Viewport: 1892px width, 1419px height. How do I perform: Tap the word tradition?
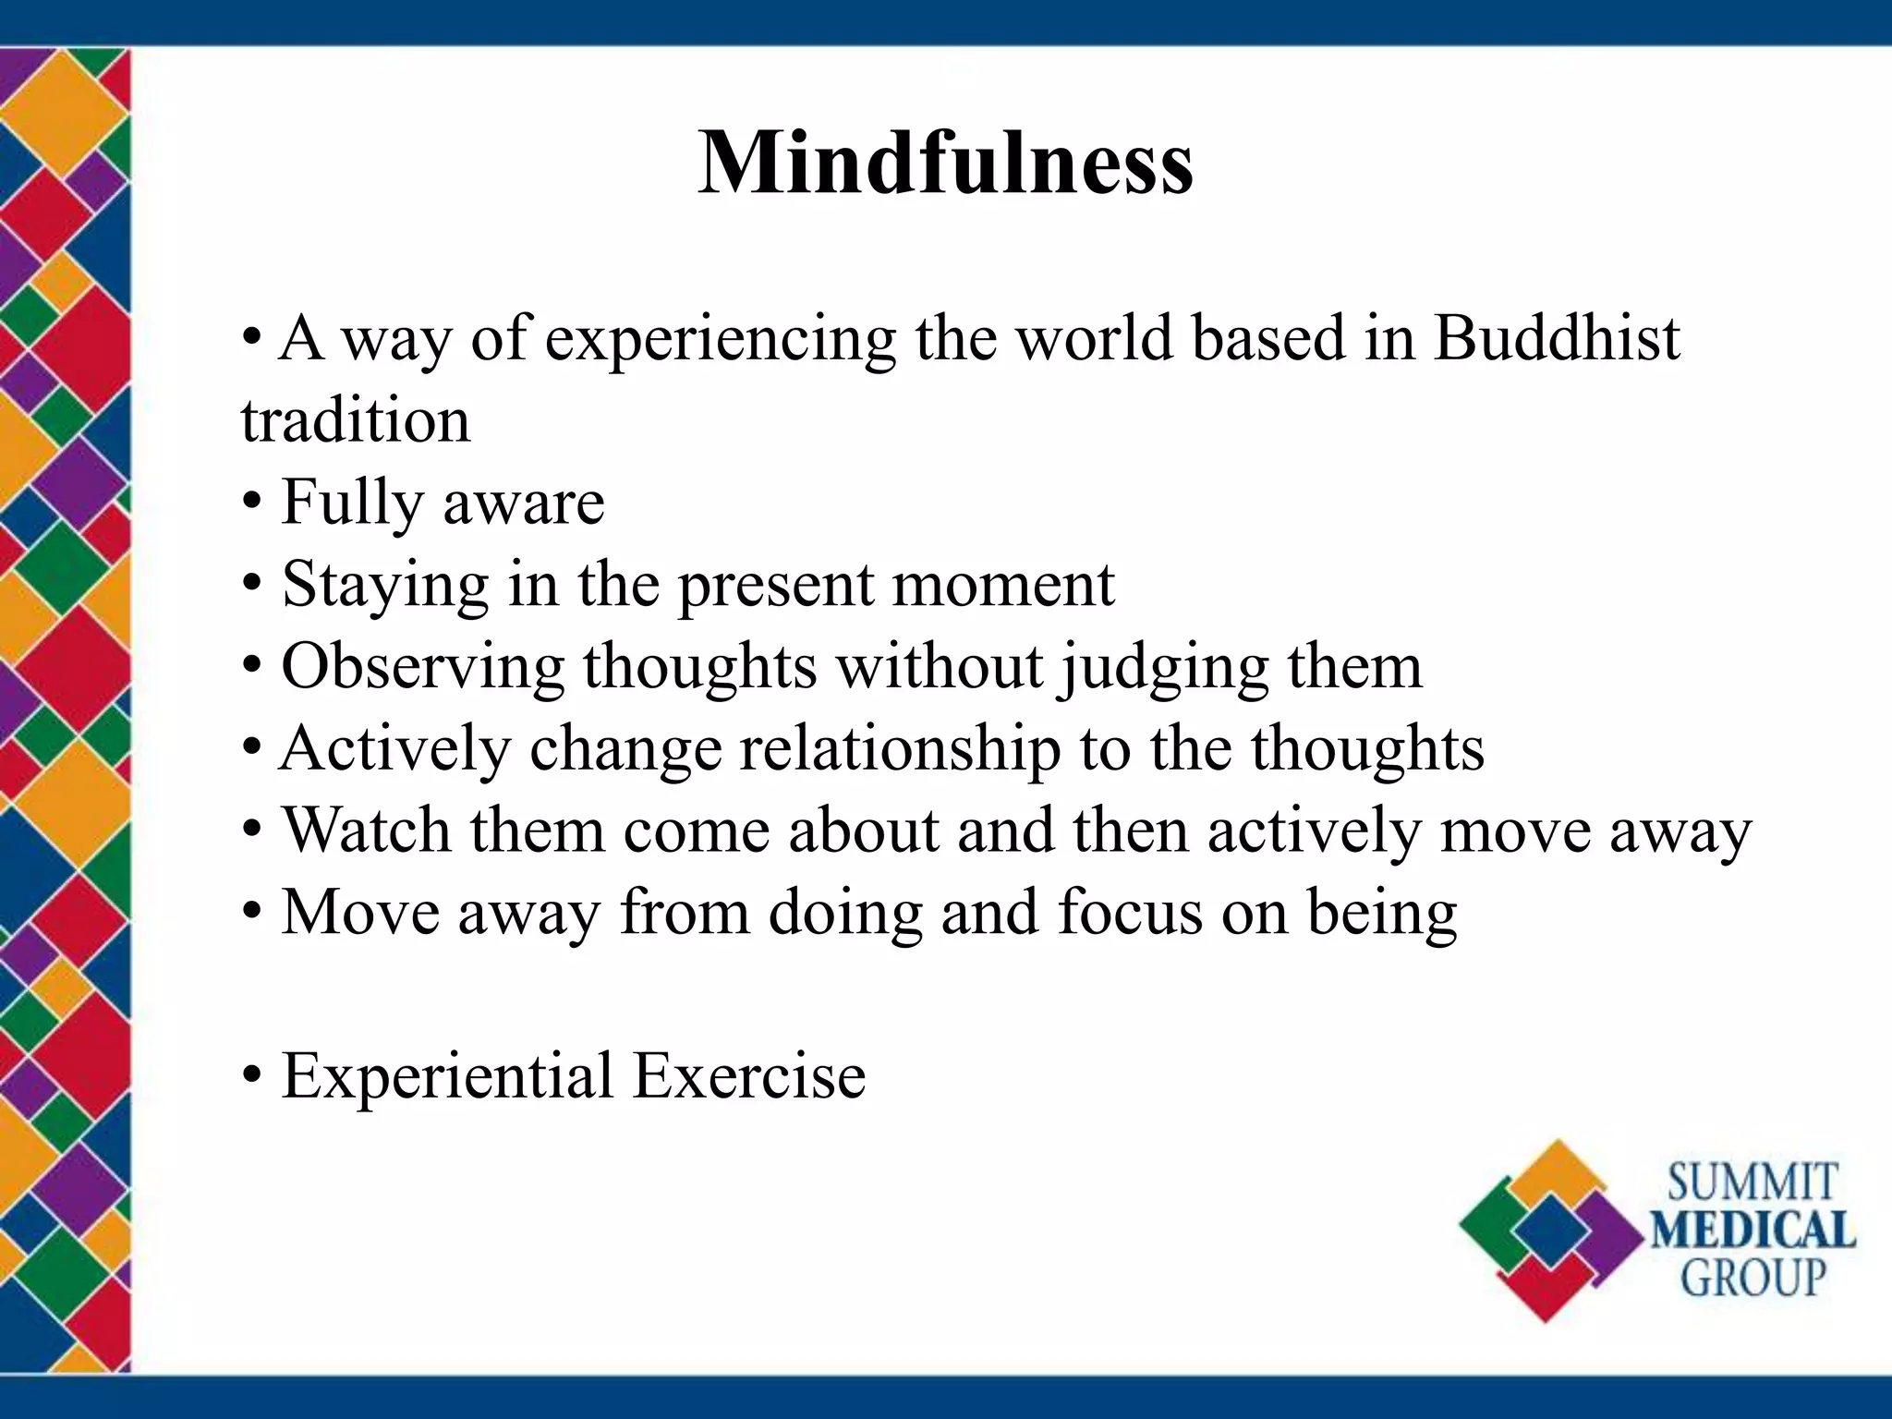(356, 420)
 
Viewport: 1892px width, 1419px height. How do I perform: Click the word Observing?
(422, 667)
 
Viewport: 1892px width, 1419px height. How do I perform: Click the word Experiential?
(447, 1076)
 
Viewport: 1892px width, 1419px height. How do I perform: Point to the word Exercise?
(749, 1076)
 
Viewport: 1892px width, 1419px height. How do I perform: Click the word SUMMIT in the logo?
(1752, 1183)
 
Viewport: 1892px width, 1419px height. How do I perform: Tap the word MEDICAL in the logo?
(1753, 1231)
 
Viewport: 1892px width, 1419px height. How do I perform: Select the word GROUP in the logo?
(1753, 1278)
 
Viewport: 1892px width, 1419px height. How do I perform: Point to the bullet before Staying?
(251, 587)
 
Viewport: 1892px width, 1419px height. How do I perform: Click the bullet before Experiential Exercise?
(251, 1077)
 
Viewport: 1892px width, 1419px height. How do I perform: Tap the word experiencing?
(721, 339)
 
